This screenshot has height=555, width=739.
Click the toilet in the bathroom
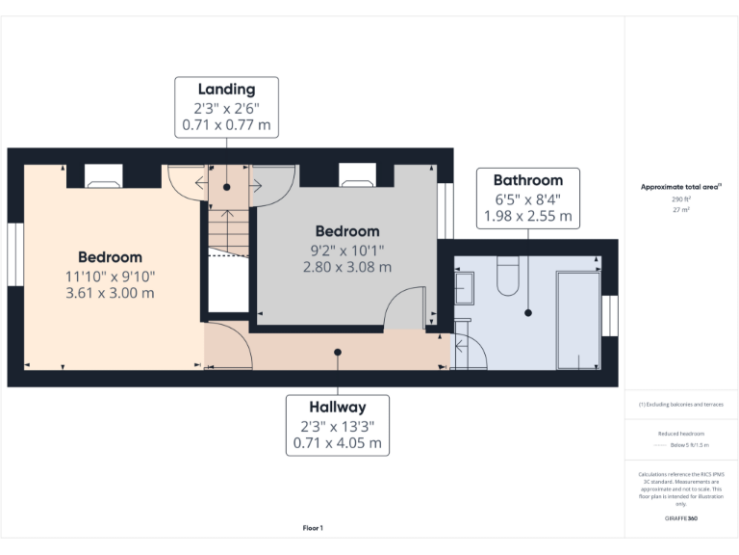click(507, 279)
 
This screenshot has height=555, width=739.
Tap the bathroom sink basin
click(463, 287)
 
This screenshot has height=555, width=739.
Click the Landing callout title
click(226, 90)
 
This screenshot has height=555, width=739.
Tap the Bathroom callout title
click(527, 180)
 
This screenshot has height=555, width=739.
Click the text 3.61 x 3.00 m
click(110, 293)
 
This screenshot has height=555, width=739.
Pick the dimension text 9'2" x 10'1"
click(347, 250)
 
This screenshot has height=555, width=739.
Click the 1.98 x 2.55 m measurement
click(527, 216)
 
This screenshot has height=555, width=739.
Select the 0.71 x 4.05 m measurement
click(338, 443)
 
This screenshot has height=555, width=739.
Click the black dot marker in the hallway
click(338, 352)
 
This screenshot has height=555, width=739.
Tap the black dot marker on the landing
click(227, 186)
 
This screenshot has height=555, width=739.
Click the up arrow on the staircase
click(227, 216)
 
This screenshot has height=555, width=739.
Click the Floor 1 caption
click(313, 528)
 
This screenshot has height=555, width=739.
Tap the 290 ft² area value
click(680, 198)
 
